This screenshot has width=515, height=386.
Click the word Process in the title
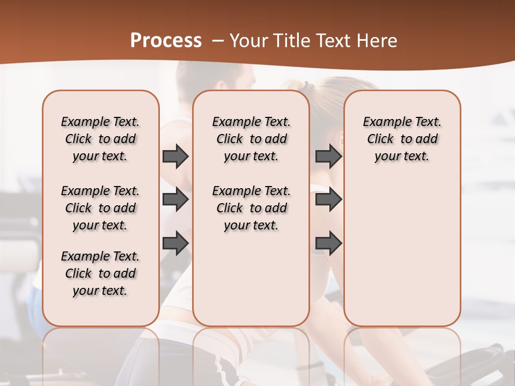[166, 41]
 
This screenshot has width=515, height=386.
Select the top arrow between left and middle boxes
[175, 157]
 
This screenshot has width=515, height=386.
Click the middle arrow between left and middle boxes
[175, 200]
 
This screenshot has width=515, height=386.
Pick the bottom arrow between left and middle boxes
[175, 243]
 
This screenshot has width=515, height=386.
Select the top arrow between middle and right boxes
[328, 157]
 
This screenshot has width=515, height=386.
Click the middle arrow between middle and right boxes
[328, 200]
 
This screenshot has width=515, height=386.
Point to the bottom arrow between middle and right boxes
[328, 243]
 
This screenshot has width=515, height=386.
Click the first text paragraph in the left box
[100, 139]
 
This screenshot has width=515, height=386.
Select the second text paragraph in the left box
[100, 208]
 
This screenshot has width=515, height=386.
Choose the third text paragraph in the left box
[100, 273]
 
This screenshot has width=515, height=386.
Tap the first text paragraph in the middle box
[252, 139]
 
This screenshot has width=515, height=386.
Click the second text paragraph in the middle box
[252, 208]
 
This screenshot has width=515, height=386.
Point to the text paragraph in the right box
[402, 139]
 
